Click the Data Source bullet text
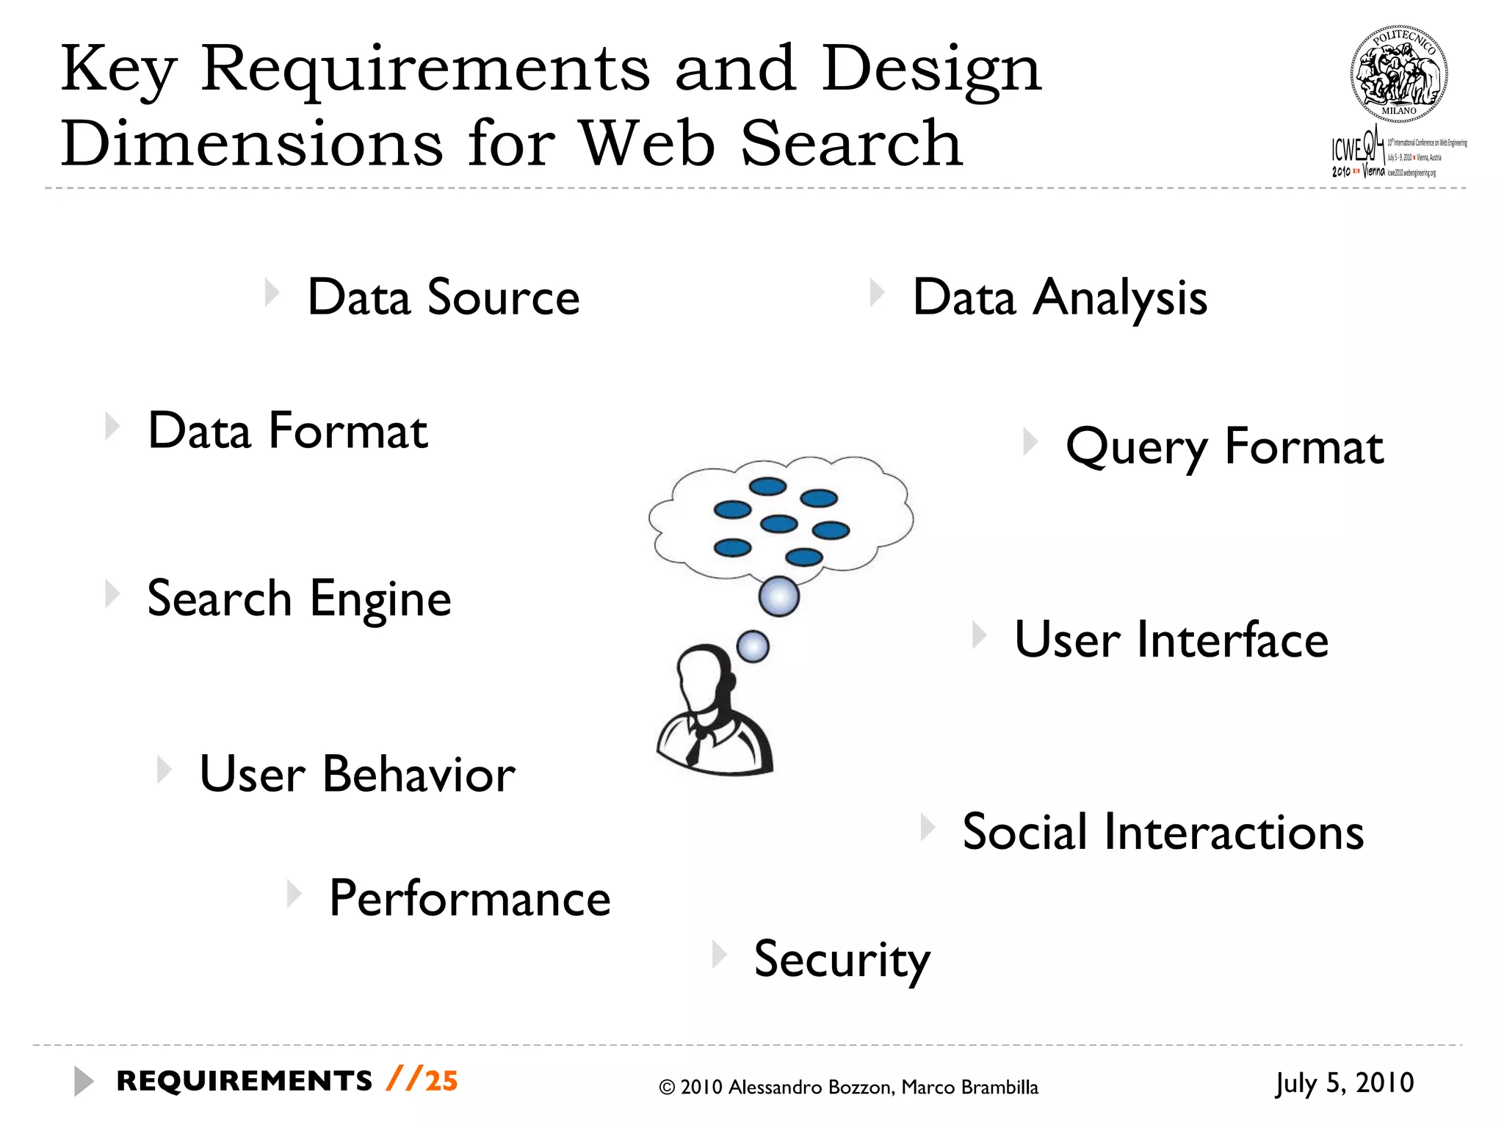tap(443, 297)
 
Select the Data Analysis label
tap(1060, 297)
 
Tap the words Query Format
tap(1224, 446)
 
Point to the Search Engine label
tap(299, 599)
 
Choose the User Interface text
tap(1171, 640)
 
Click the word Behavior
tap(419, 774)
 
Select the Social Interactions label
tap(1163, 832)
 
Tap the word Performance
tap(469, 898)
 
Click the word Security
tap(842, 959)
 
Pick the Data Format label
tap(287, 431)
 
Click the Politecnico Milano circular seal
tap(1399, 74)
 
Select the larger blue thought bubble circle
tap(779, 596)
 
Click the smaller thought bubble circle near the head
tap(753, 647)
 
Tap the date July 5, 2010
tap(1344, 1082)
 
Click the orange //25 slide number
tap(422, 1081)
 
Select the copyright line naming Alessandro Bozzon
tap(848, 1087)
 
